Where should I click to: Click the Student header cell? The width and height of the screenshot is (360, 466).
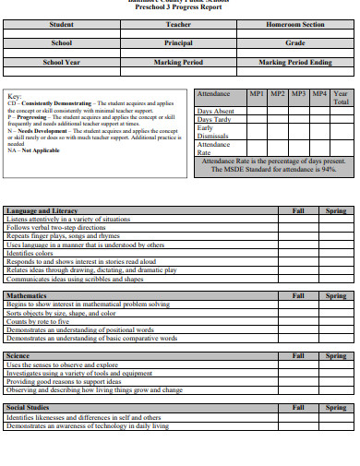click(62, 24)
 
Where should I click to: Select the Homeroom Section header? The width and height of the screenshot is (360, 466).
click(294, 24)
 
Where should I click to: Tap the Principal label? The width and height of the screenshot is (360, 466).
click(178, 42)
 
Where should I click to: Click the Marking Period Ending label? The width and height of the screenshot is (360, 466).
click(294, 62)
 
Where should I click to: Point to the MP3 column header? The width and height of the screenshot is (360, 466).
click(298, 94)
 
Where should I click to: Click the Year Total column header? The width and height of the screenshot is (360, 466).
click(341, 98)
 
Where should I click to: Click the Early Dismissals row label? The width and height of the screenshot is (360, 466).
click(214, 132)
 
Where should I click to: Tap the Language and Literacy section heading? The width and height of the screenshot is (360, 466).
click(42, 210)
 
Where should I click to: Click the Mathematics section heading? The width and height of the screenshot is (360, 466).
click(27, 295)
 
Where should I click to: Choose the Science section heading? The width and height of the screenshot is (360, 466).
click(18, 355)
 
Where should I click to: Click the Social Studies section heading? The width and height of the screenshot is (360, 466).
click(28, 407)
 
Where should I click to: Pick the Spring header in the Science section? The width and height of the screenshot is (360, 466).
click(336, 355)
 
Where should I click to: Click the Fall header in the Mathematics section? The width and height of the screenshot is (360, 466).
click(298, 295)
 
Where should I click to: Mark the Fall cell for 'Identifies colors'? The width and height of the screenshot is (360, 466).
click(298, 253)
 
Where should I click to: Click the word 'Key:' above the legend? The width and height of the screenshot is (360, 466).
click(15, 96)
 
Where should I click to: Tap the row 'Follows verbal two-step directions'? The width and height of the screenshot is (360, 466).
click(56, 227)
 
